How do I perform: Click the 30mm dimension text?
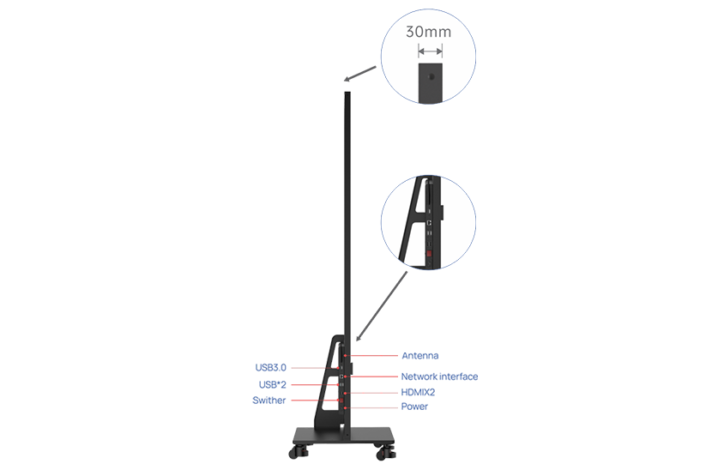pyautogui.click(x=429, y=33)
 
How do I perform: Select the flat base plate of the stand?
pyautogui.click(x=343, y=435)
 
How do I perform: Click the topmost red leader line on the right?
pyautogui.click(x=375, y=355)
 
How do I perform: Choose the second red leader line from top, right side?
pyautogui.click(x=375, y=376)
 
